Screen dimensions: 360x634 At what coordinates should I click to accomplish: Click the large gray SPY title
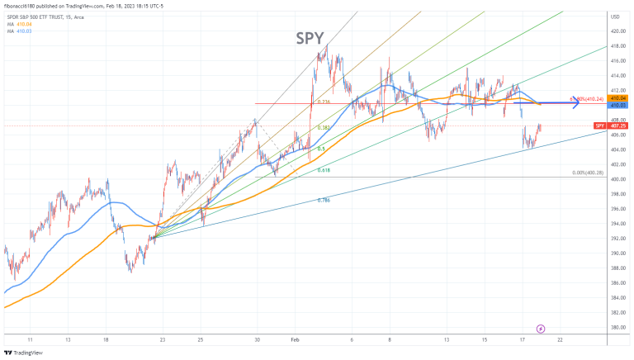[310, 38]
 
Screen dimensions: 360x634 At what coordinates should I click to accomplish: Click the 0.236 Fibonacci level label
[324, 102]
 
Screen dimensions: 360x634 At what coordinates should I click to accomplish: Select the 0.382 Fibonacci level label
[324, 128]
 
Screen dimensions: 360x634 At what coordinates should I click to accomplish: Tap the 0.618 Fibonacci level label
[324, 170]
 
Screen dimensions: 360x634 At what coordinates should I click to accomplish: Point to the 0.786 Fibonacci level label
[324, 200]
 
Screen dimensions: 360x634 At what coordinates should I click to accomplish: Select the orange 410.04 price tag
[617, 98]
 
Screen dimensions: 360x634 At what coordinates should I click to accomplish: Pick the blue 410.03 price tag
[617, 106]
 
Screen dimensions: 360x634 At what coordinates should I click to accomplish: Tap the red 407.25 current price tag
[617, 126]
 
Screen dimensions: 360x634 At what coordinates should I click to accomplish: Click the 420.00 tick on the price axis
[616, 31]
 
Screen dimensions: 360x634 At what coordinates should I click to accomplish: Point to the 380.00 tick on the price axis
[616, 328]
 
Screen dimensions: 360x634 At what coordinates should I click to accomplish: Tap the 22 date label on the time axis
[561, 339]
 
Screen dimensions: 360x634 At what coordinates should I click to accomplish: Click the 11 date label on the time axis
[31, 339]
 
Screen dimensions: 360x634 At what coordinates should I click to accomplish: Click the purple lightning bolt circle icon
[541, 329]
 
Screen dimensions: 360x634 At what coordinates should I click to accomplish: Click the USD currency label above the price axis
[615, 17]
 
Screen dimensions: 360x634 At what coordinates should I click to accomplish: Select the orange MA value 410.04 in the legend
[24, 24]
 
